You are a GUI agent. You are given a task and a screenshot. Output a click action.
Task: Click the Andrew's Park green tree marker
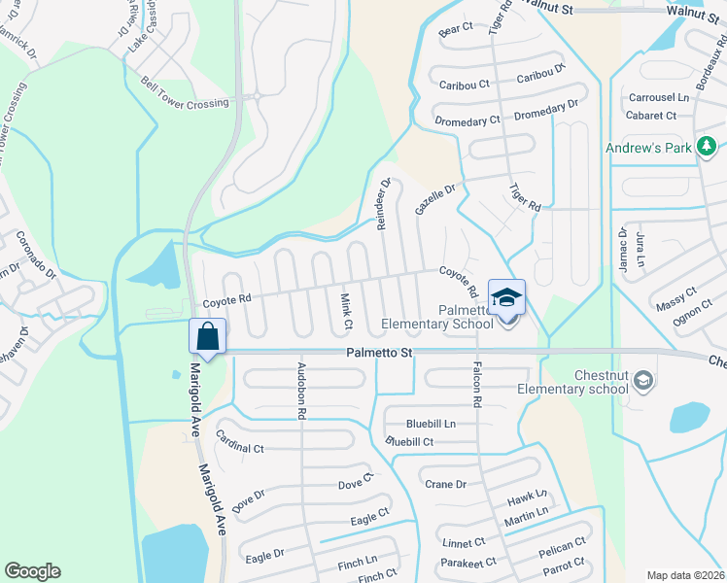[707, 147]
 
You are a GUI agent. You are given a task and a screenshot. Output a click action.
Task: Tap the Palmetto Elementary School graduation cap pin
[506, 297]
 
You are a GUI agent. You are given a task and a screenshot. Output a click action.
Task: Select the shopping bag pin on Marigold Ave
[208, 336]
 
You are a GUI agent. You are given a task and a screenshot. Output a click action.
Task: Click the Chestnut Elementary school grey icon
[642, 381]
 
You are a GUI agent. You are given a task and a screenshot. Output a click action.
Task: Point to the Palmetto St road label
[380, 354]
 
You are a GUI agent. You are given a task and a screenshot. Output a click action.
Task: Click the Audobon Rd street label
[301, 391]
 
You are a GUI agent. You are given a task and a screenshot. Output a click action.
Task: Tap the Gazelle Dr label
[434, 200]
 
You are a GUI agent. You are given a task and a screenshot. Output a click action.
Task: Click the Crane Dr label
[446, 484]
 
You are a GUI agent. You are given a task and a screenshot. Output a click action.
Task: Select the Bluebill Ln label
[432, 424]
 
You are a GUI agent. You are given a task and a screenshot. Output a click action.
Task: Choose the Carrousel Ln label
[658, 98]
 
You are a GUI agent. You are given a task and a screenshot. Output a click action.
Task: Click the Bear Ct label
[455, 32]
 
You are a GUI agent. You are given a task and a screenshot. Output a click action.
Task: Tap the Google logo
[32, 571]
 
